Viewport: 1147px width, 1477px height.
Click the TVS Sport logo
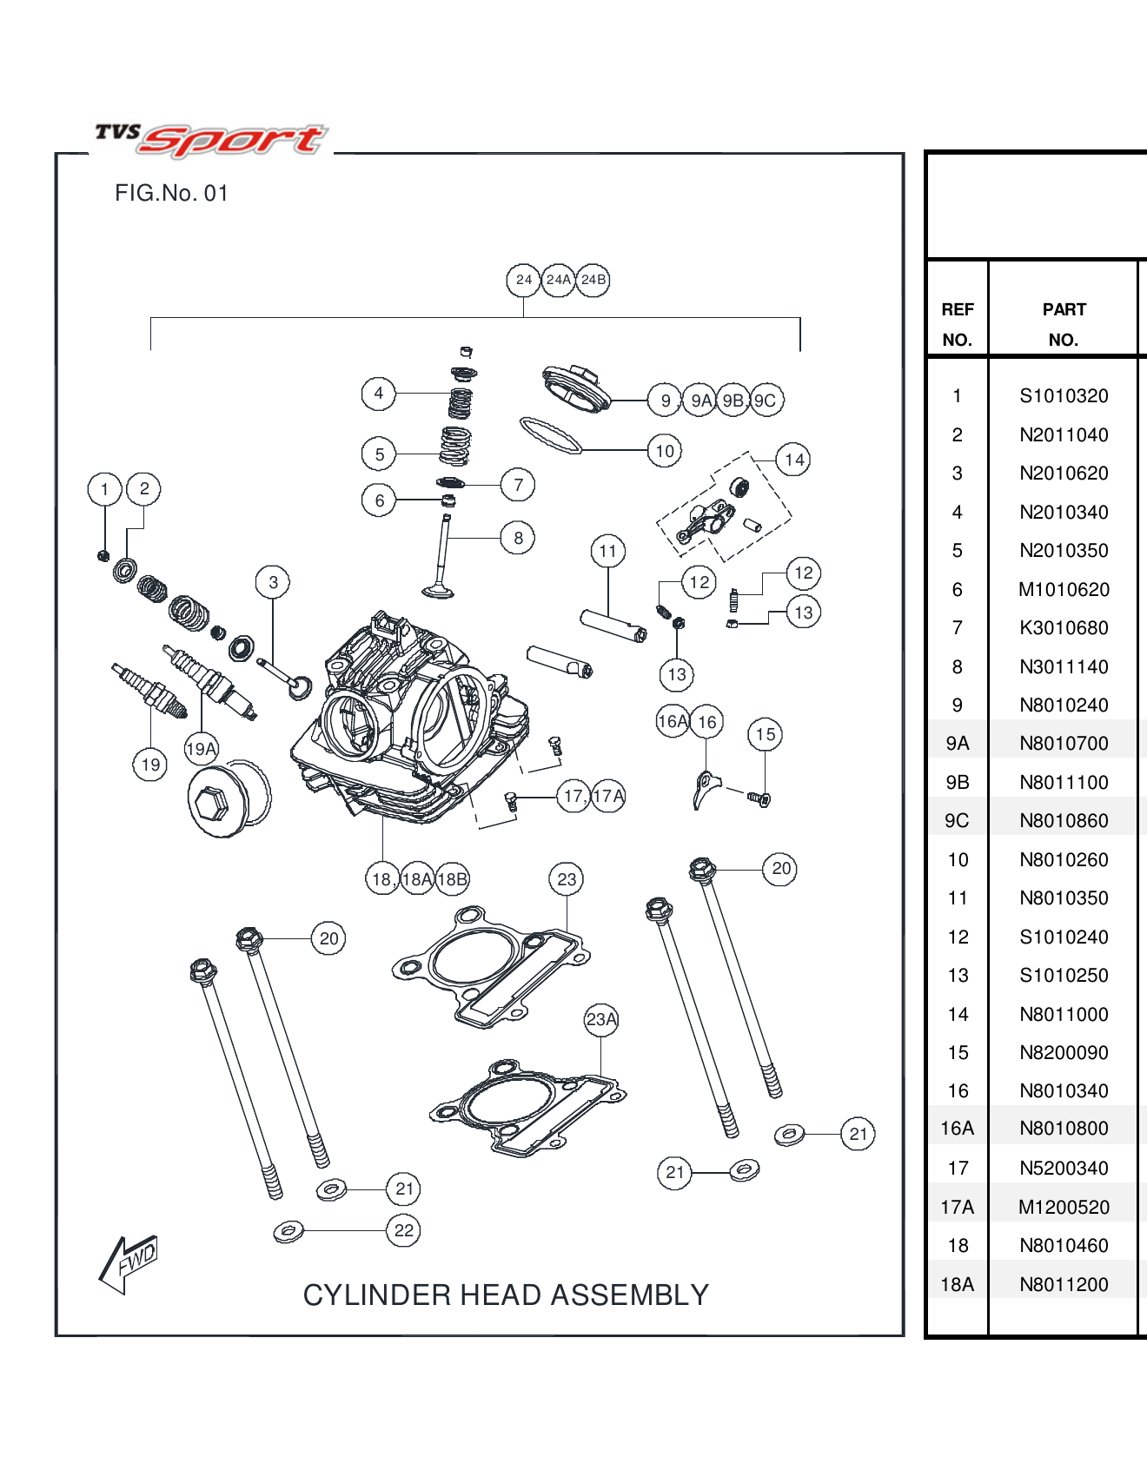(x=211, y=139)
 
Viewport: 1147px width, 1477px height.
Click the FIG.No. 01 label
(x=171, y=193)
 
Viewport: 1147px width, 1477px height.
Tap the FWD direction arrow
(x=129, y=1263)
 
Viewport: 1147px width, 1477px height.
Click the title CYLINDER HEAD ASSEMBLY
(x=506, y=1295)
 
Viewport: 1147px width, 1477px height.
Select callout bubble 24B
(x=593, y=280)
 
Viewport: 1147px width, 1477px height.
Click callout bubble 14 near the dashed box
(x=794, y=460)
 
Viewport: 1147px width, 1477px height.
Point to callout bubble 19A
(x=202, y=749)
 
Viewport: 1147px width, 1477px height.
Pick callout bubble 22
(x=404, y=1230)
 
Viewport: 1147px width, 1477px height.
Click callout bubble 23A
(x=601, y=1019)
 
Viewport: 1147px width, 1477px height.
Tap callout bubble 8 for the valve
(x=518, y=538)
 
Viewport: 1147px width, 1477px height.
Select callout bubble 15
(x=765, y=734)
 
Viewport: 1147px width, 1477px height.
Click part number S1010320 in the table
(x=1064, y=396)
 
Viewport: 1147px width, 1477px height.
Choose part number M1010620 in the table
(x=1064, y=590)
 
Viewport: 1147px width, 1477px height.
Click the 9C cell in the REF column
(x=957, y=821)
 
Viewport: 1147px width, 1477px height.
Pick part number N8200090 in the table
(x=1064, y=1053)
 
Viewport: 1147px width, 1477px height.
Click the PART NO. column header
(x=1064, y=324)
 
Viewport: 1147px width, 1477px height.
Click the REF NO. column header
(x=957, y=324)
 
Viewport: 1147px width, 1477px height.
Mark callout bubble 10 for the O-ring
(x=665, y=451)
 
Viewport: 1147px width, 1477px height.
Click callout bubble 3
(x=273, y=582)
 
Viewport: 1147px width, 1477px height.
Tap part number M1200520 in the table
(x=1064, y=1208)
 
